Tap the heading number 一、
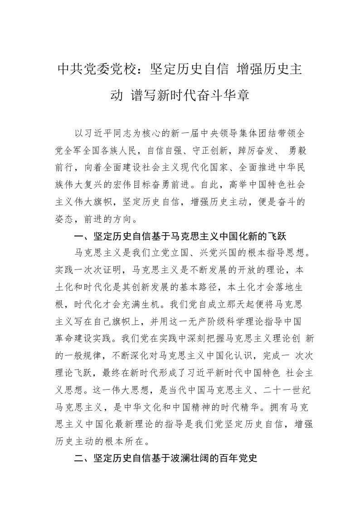point(81,236)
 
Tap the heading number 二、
point(81,459)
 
